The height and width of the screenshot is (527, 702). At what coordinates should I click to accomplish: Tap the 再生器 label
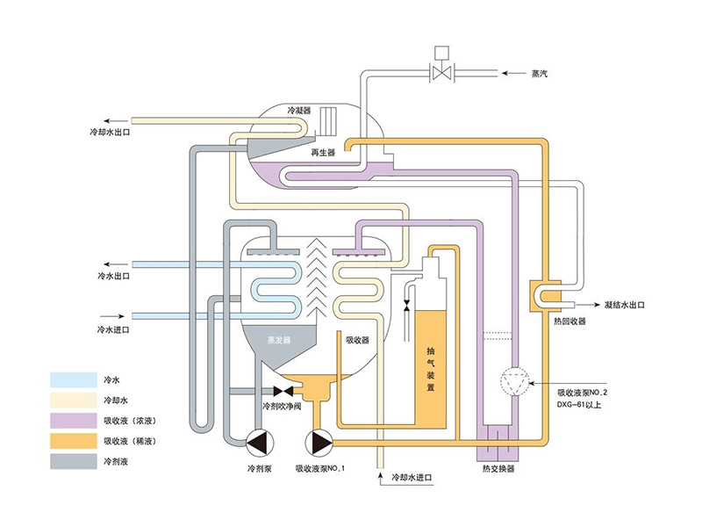coord(324,152)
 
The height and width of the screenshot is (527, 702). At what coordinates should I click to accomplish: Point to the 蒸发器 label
coord(281,338)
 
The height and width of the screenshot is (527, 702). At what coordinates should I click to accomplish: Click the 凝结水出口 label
coord(625,304)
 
